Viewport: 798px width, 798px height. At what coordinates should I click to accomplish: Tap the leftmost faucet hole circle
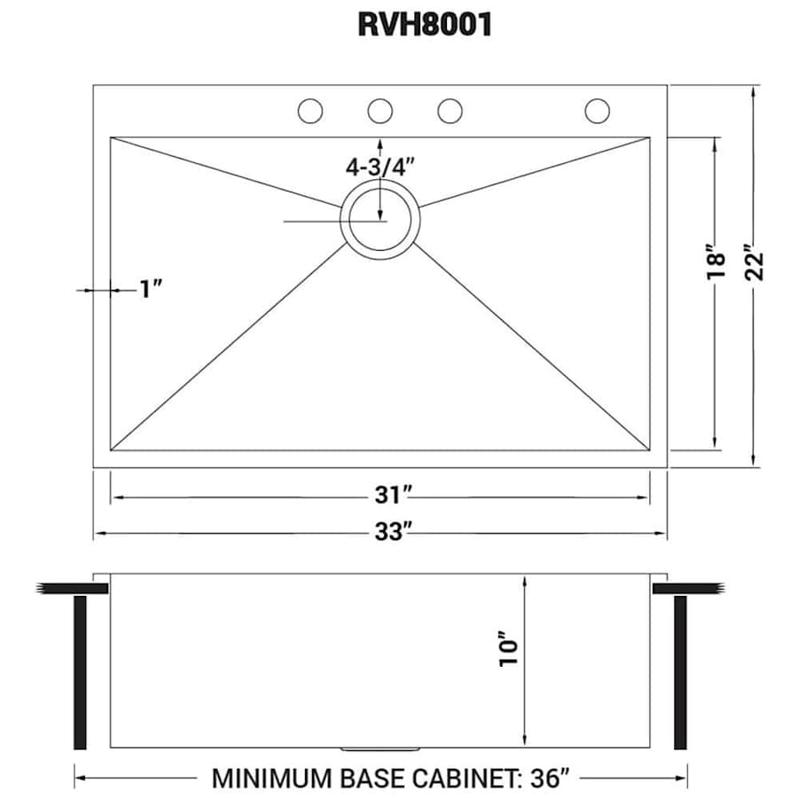click(309, 111)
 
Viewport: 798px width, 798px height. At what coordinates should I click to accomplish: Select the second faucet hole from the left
click(379, 111)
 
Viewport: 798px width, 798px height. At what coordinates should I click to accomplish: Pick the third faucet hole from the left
click(450, 111)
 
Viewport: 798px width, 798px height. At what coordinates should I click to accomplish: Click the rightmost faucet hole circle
click(598, 111)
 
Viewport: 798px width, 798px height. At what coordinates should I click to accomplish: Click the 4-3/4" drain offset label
click(380, 167)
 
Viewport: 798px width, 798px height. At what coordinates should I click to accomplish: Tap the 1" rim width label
click(151, 289)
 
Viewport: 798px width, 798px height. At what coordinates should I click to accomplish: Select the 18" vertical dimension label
click(716, 262)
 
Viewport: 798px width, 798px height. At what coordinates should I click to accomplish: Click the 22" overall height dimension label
click(755, 262)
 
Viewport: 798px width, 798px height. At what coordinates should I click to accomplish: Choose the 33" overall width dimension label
click(379, 532)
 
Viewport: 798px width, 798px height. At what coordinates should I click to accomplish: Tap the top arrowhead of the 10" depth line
click(526, 580)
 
